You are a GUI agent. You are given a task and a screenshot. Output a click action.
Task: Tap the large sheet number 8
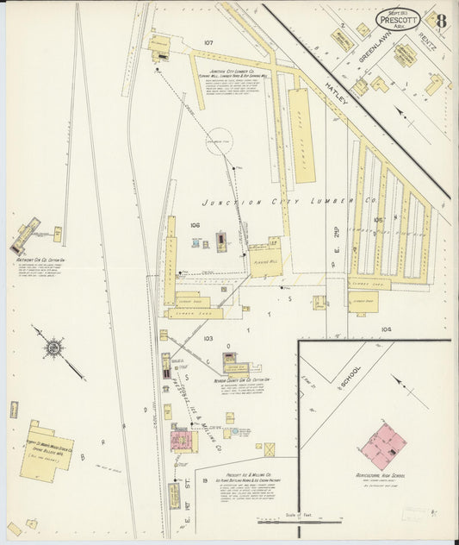click(440, 21)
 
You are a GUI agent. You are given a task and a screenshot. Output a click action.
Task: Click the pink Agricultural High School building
click(382, 445)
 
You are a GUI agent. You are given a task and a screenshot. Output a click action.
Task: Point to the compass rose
click(53, 348)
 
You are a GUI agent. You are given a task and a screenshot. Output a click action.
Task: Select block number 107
click(208, 42)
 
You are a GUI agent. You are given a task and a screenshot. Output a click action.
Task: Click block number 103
click(208, 339)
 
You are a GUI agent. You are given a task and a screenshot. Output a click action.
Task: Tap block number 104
click(386, 329)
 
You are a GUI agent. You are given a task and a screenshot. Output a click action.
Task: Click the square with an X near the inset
click(270, 448)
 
